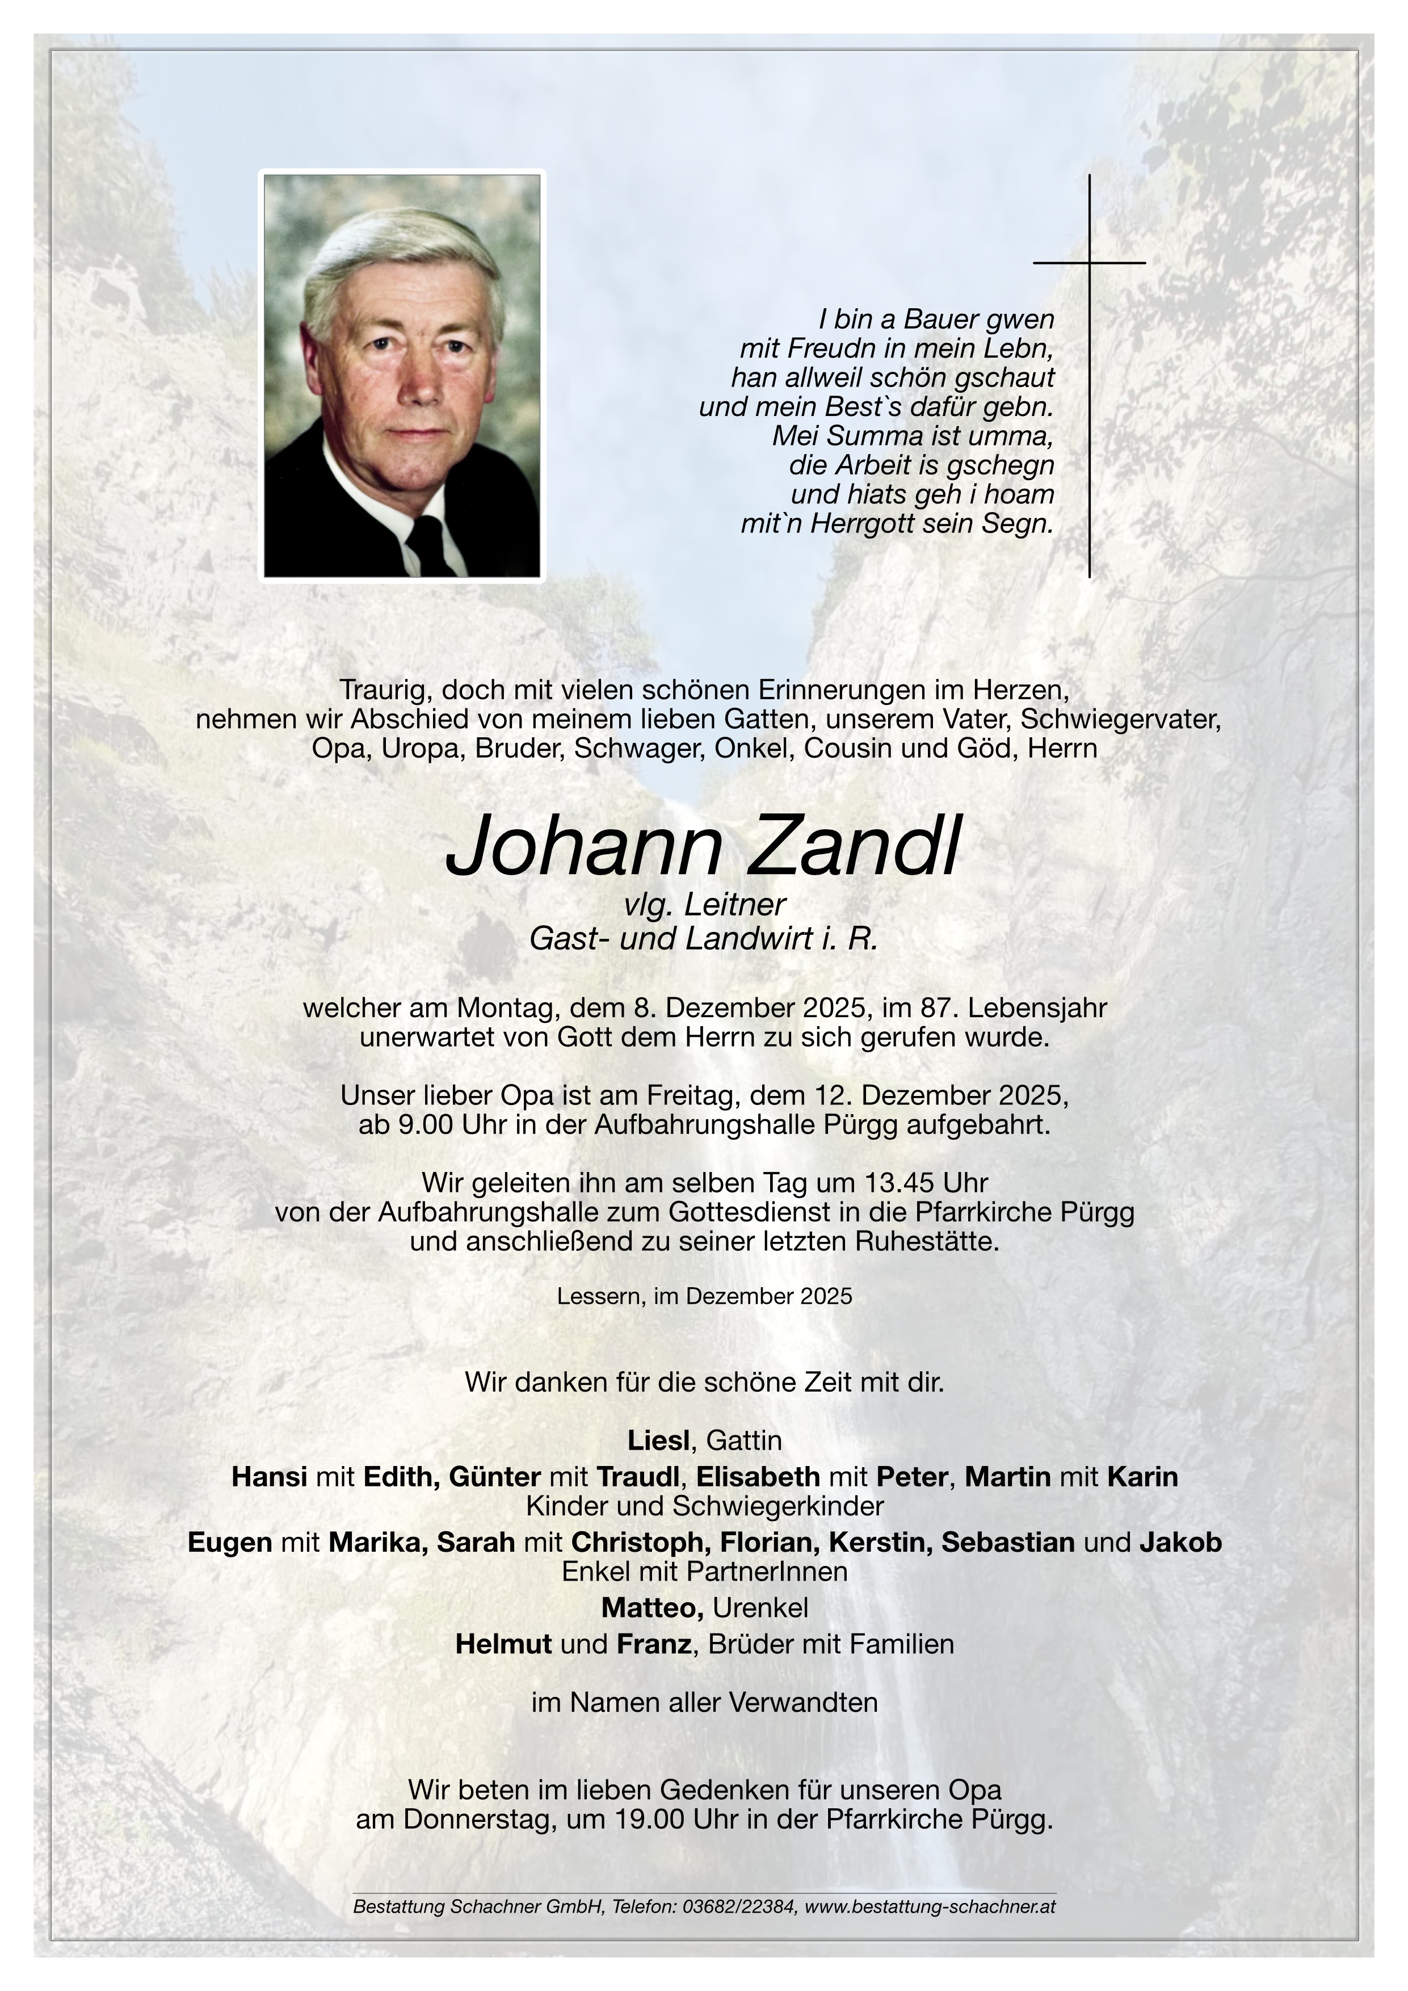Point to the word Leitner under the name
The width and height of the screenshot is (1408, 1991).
pos(734,905)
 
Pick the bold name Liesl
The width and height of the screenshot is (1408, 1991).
pos(658,1440)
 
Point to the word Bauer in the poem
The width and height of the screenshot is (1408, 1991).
pos(943,319)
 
